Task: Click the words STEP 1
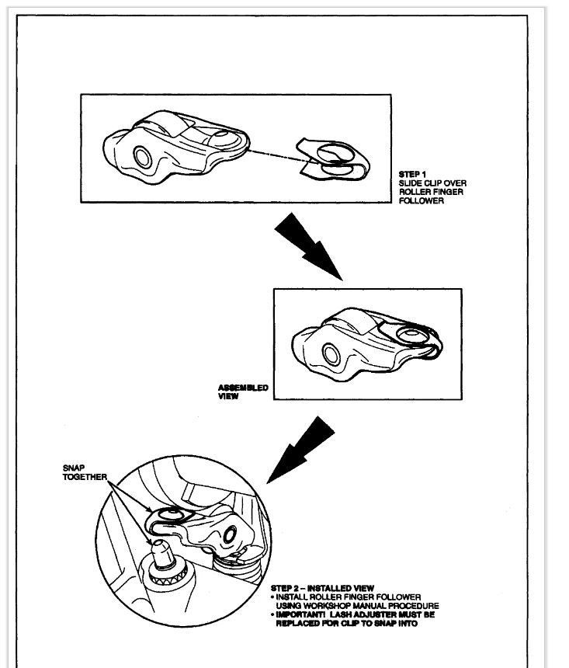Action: [412, 173]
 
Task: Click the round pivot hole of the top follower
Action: [144, 156]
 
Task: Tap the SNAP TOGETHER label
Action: [84, 472]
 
